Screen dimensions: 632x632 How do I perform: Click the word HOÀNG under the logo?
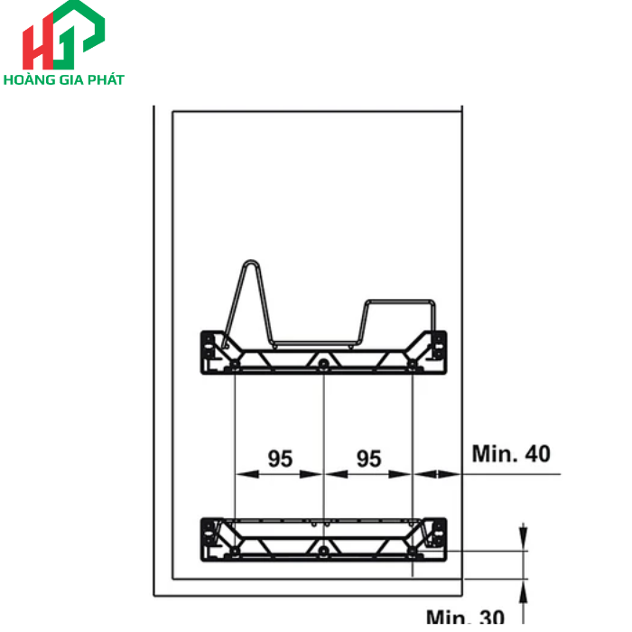click(x=32, y=79)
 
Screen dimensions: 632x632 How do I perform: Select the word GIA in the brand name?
click(x=71, y=79)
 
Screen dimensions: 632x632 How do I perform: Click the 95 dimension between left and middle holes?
click(x=280, y=459)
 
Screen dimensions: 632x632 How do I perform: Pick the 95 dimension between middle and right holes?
click(x=368, y=459)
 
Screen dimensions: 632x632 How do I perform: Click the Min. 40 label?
click(x=511, y=453)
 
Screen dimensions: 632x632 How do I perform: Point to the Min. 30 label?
click(x=465, y=618)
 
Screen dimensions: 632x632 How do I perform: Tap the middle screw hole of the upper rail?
click(x=323, y=364)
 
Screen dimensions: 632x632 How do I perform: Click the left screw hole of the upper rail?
click(x=235, y=365)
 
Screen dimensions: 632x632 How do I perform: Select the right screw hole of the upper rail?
click(x=412, y=365)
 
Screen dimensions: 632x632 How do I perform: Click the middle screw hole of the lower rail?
click(x=323, y=550)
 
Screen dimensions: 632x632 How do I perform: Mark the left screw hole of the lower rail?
click(x=235, y=550)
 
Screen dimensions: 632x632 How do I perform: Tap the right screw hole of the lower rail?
click(x=412, y=550)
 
